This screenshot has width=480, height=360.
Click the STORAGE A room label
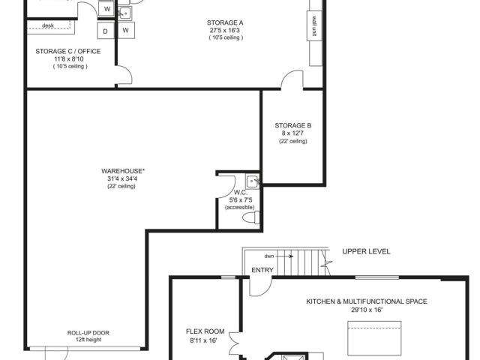225,22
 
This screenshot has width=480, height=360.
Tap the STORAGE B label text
293,125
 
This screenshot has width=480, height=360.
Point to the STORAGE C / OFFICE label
68,52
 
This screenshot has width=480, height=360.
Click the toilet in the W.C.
251,217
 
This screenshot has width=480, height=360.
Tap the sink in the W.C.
252,181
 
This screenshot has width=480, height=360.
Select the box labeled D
105,31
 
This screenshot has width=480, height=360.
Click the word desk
48,25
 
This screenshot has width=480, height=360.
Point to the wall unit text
314,26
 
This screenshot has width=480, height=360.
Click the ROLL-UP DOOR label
88,333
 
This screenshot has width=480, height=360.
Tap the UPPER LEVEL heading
366,252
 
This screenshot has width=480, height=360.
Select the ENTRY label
262,270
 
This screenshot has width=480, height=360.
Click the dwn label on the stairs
269,256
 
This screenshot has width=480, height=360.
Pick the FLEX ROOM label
205,331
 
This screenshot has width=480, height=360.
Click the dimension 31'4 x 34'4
121,178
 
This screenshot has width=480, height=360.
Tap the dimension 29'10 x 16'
367,310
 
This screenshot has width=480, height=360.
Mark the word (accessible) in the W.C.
240,208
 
